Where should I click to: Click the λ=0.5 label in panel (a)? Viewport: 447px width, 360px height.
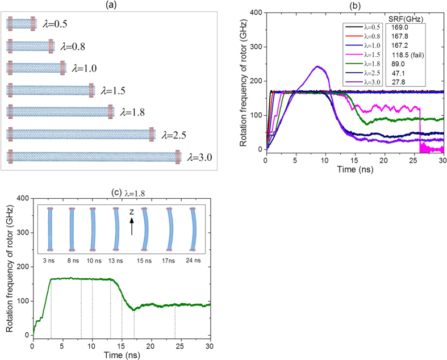57,24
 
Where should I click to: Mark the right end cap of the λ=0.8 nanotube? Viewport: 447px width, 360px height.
51,45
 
